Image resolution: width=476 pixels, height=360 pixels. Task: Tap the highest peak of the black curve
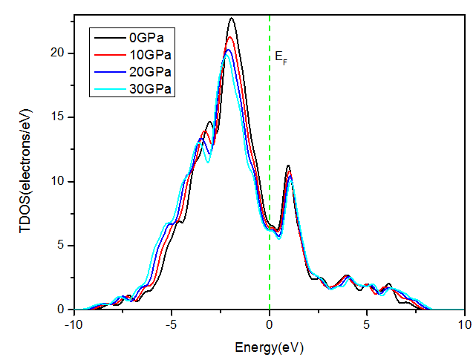pos(232,19)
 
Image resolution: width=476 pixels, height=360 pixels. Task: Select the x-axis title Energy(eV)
pos(269,347)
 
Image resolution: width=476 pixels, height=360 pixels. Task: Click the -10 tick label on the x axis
pos(74,324)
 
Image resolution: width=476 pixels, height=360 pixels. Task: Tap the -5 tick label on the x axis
pos(171,324)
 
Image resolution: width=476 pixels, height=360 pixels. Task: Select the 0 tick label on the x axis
pos(269,324)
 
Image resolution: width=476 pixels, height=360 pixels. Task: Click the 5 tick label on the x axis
pos(367,324)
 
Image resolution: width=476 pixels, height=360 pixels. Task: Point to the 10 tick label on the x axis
pos(464,324)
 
